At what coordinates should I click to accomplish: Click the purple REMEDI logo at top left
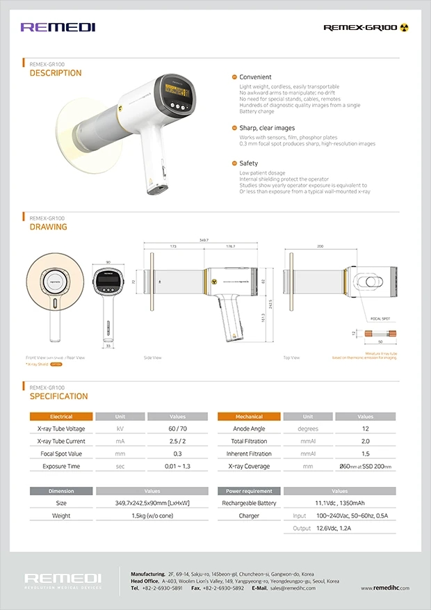(x=58, y=27)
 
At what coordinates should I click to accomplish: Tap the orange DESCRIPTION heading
(x=56, y=73)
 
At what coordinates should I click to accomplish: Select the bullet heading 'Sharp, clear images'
(x=266, y=128)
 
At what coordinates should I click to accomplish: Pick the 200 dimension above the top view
(x=320, y=246)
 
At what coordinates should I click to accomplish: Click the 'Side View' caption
(x=152, y=358)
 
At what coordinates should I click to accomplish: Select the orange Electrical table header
(x=61, y=417)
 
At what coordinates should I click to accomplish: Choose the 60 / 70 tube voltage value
(x=177, y=429)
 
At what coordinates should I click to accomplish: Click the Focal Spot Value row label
(x=61, y=454)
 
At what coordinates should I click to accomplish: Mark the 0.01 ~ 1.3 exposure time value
(x=177, y=466)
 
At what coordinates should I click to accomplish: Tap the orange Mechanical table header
(x=249, y=417)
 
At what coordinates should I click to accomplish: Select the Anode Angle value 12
(x=365, y=429)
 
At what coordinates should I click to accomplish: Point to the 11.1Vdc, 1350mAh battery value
(x=340, y=503)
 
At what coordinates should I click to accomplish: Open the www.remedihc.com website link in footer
(x=385, y=588)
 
